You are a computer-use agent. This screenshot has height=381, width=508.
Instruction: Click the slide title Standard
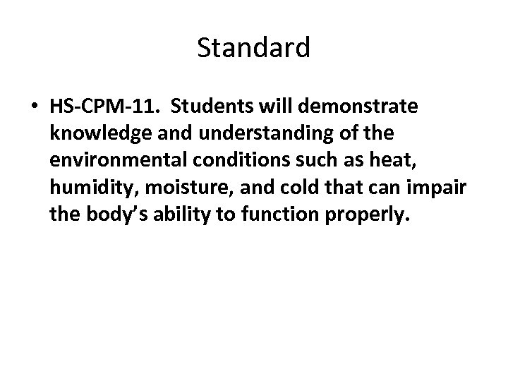(x=253, y=49)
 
